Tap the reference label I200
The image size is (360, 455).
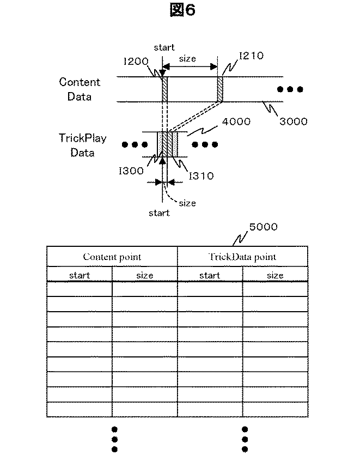[x=136, y=62]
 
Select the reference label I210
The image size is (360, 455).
[x=251, y=56]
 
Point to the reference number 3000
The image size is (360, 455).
[x=294, y=122]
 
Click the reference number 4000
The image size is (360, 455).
[x=235, y=122]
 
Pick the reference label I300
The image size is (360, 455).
[x=131, y=171]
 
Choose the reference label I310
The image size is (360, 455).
[x=201, y=175]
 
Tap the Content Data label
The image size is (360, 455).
[x=80, y=89]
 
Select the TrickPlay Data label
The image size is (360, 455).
[x=82, y=145]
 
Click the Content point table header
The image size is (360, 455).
[x=112, y=257]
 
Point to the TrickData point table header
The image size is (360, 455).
[x=242, y=257]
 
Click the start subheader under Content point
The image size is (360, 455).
[x=80, y=275]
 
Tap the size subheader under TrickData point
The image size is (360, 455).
[x=275, y=275]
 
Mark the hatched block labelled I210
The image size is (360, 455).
[x=220, y=89]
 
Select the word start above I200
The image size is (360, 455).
[x=164, y=47]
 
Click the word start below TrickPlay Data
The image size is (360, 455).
[x=159, y=213]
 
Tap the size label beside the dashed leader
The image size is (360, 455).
[x=187, y=203]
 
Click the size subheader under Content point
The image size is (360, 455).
[x=145, y=275]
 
